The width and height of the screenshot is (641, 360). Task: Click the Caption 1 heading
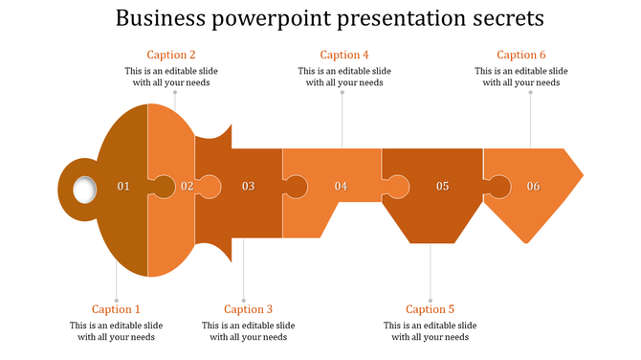(x=116, y=309)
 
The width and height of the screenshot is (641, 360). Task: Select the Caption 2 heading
(x=171, y=55)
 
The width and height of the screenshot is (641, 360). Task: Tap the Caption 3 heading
(x=248, y=309)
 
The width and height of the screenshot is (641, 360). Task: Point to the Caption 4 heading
(x=344, y=55)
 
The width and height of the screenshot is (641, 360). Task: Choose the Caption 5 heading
(x=430, y=309)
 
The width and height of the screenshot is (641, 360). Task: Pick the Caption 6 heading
(x=521, y=55)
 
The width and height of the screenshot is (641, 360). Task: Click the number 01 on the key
(x=122, y=186)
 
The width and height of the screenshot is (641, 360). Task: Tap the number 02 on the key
(x=188, y=186)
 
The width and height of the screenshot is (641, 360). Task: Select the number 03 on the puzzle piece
(x=248, y=186)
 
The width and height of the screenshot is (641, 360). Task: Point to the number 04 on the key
(x=341, y=186)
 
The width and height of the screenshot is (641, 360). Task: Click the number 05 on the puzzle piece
(x=442, y=186)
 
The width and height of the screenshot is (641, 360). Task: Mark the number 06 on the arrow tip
(x=533, y=186)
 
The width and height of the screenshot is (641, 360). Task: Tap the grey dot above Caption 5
(x=430, y=301)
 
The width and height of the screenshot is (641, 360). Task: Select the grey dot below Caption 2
(x=174, y=93)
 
